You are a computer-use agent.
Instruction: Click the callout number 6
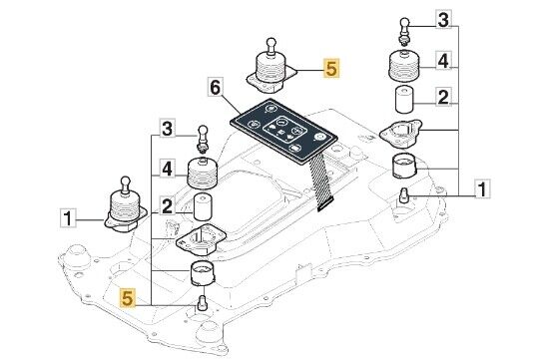coord(216,88)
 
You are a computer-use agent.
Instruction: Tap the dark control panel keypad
coord(284,131)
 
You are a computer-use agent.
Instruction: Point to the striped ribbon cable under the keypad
coord(319,182)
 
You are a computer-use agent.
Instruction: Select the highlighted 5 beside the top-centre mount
coord(331,69)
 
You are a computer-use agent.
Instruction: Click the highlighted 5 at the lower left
coord(127,298)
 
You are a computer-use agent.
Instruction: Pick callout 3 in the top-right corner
coord(443,19)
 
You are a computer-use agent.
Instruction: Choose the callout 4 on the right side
coord(443,61)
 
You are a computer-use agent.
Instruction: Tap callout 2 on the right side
coord(443,98)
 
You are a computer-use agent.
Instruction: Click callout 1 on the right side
coord(482,188)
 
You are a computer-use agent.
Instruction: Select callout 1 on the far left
coord(68,218)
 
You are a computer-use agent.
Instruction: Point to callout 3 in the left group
coord(167,129)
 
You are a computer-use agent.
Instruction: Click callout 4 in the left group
coord(167,169)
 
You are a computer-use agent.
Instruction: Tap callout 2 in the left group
coord(167,206)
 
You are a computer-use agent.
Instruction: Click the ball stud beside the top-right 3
coord(404,31)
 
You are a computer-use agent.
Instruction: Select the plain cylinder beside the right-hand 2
coord(404,100)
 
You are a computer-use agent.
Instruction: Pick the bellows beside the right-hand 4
coord(404,67)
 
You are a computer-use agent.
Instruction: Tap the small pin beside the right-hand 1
coord(404,195)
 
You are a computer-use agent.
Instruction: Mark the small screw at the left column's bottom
coord(202,303)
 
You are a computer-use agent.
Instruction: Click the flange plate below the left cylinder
coord(201,239)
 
